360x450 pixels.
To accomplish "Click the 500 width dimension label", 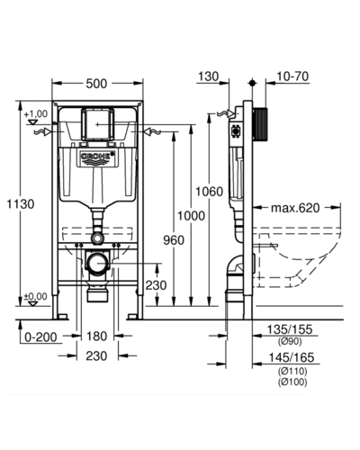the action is [96, 84].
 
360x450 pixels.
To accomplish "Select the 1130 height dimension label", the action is [21, 204].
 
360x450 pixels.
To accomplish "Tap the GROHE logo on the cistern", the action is [98, 157].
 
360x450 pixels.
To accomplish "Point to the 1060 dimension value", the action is [209, 191].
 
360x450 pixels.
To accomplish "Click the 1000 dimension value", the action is [191, 215].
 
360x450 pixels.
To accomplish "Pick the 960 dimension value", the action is [174, 240].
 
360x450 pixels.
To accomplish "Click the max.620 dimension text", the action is [295, 208].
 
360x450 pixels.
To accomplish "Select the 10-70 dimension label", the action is [292, 76].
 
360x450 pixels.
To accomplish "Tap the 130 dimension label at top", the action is [209, 76].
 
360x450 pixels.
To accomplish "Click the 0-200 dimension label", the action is [40, 337].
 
